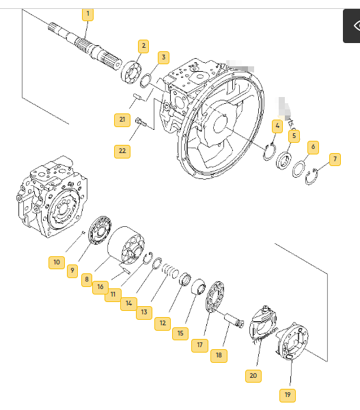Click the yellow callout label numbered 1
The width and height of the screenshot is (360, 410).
pos(88,14)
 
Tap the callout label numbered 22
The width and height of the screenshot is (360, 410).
pos(122,152)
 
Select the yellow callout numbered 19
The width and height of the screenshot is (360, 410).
pos(288,396)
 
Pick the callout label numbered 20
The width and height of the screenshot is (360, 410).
pos(253,376)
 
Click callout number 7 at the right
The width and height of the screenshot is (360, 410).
pos(335,159)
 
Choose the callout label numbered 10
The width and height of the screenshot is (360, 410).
pos(57,262)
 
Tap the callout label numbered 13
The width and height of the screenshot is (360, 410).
pos(144,313)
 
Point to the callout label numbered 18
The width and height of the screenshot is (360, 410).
pos(219,355)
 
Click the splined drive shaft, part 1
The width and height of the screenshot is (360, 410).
pos(85,46)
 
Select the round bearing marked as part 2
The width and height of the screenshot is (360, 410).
pos(131,72)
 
